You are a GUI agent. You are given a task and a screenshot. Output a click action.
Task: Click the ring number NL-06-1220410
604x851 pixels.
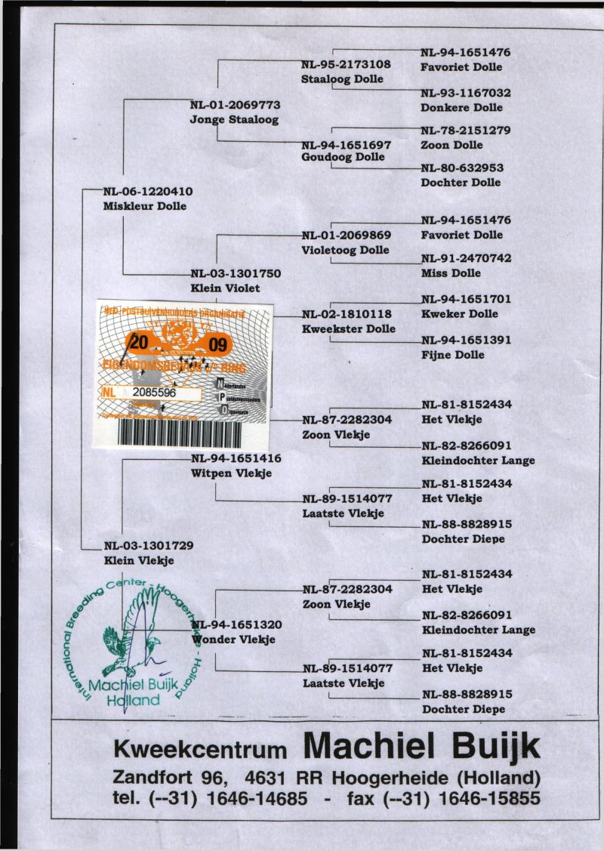coord(148,192)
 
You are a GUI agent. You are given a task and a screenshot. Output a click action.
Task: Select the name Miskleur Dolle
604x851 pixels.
coord(144,205)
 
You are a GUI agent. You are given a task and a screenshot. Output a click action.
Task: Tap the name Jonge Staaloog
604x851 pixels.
coord(234,119)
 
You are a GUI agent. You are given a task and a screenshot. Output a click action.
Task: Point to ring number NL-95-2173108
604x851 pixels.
coord(347,64)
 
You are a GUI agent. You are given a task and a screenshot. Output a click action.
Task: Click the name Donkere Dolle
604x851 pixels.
coord(461,108)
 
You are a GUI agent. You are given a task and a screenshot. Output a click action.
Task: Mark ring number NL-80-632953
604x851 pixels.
coord(462,168)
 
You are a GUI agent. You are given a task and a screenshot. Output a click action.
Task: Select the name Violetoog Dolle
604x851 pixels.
coord(345,250)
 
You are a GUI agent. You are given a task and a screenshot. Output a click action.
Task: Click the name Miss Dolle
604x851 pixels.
coord(451,273)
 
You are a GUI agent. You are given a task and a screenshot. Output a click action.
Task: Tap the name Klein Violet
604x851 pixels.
coord(225,288)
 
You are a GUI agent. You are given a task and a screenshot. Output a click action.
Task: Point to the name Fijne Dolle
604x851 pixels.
coord(453,355)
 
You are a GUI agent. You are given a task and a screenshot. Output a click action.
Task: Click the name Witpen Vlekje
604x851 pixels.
coord(231,473)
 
